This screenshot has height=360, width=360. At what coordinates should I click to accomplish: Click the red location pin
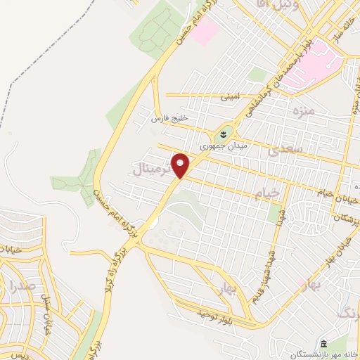click(x=181, y=165)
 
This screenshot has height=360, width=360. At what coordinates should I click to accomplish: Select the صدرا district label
click(x=22, y=285)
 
